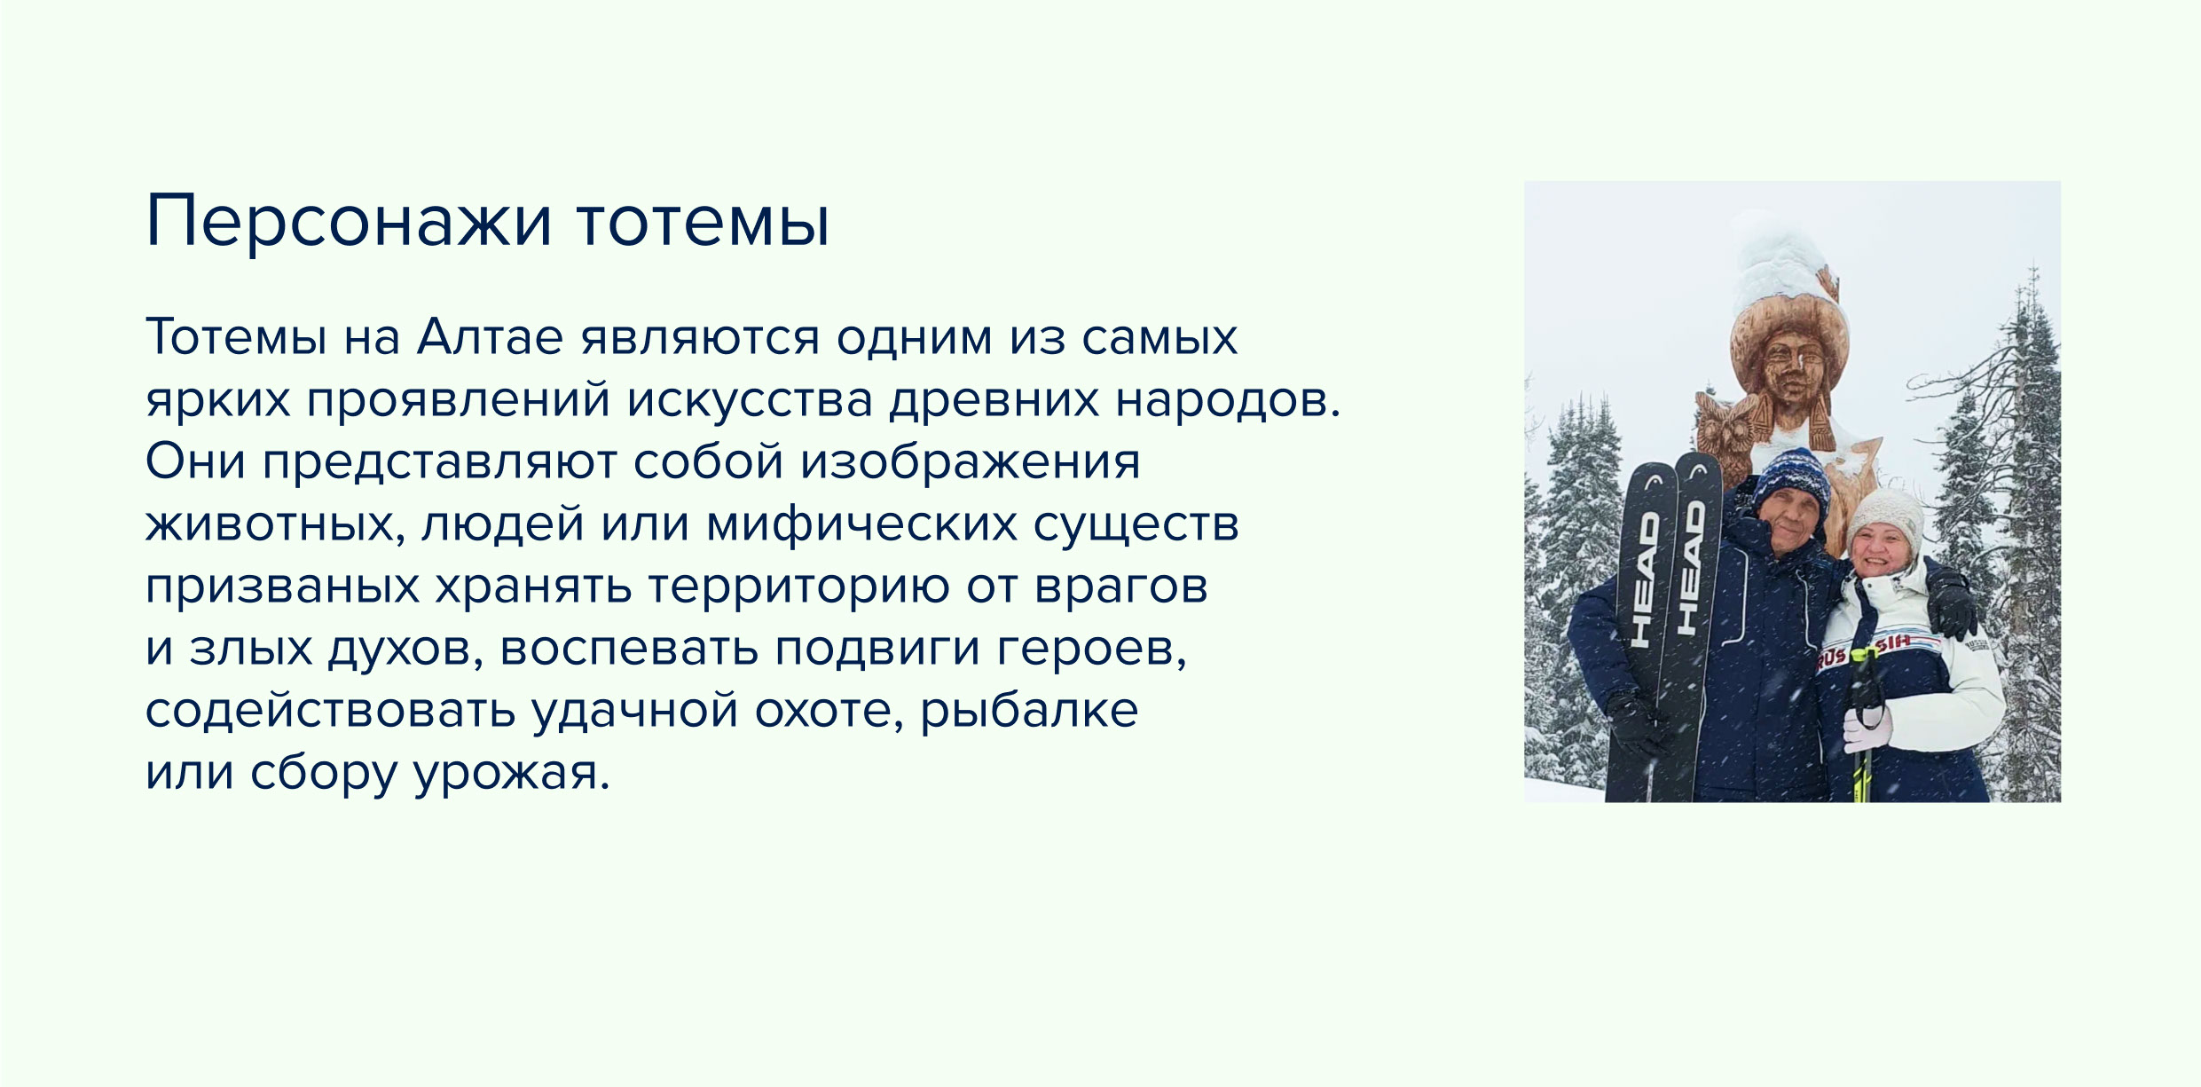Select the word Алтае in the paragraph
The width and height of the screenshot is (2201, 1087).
490,337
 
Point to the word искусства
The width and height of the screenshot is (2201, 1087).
751,400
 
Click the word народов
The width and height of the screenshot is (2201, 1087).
1228,400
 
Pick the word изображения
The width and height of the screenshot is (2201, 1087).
971,461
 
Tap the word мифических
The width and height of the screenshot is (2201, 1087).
861,524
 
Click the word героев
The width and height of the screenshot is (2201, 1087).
1092,649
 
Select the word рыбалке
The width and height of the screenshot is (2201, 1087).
1029,710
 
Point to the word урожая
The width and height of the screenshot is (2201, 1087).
513,773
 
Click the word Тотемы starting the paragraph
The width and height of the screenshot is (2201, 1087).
237,337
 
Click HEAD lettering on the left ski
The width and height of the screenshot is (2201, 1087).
1646,578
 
